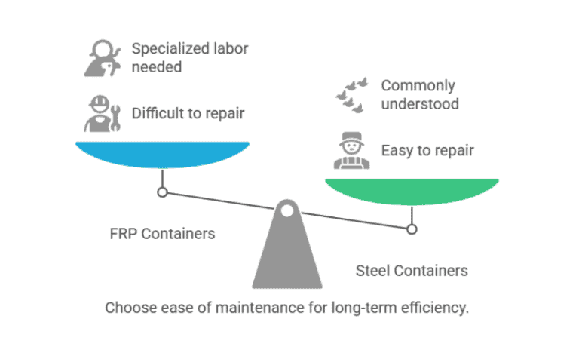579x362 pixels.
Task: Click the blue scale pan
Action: click(x=162, y=153)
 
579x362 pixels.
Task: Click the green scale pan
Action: click(x=411, y=192)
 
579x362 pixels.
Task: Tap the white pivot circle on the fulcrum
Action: click(x=286, y=212)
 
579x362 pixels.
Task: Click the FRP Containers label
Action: click(x=162, y=233)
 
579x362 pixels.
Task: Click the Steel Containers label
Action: click(x=411, y=270)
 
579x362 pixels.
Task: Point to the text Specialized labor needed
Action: click(x=189, y=58)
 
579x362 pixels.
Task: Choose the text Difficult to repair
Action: click(x=188, y=114)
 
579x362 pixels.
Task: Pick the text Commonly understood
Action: click(x=419, y=95)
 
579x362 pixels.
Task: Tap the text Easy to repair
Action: click(x=427, y=150)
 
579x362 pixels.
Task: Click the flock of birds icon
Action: click(x=352, y=94)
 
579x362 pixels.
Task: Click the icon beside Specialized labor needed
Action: click(x=101, y=58)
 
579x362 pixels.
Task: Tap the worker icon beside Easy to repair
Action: click(x=349, y=150)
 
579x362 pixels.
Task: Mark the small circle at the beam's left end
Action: click(x=162, y=192)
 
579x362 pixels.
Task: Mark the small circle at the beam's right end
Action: click(x=412, y=229)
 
